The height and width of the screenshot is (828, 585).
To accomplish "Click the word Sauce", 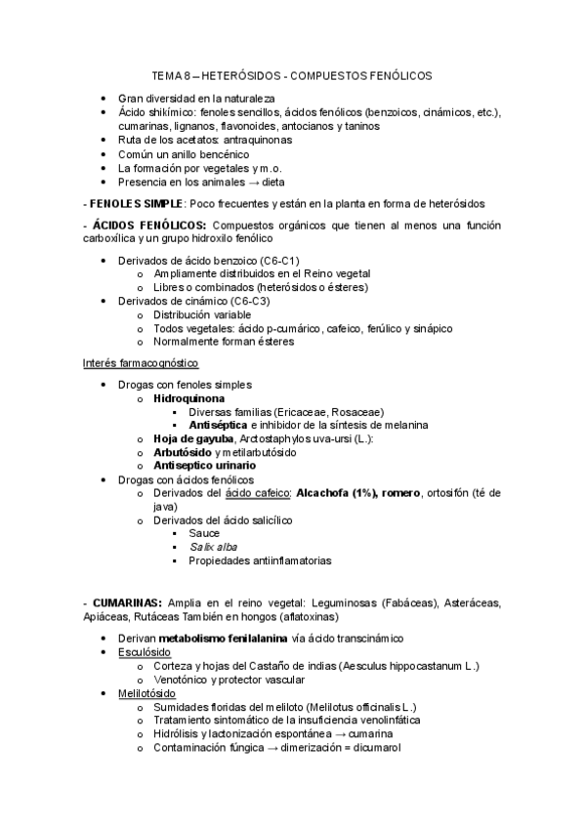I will tap(205, 534).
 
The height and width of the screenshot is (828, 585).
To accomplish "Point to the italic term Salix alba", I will tap(214, 547).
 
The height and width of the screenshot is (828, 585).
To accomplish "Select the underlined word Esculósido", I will tap(147, 652).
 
